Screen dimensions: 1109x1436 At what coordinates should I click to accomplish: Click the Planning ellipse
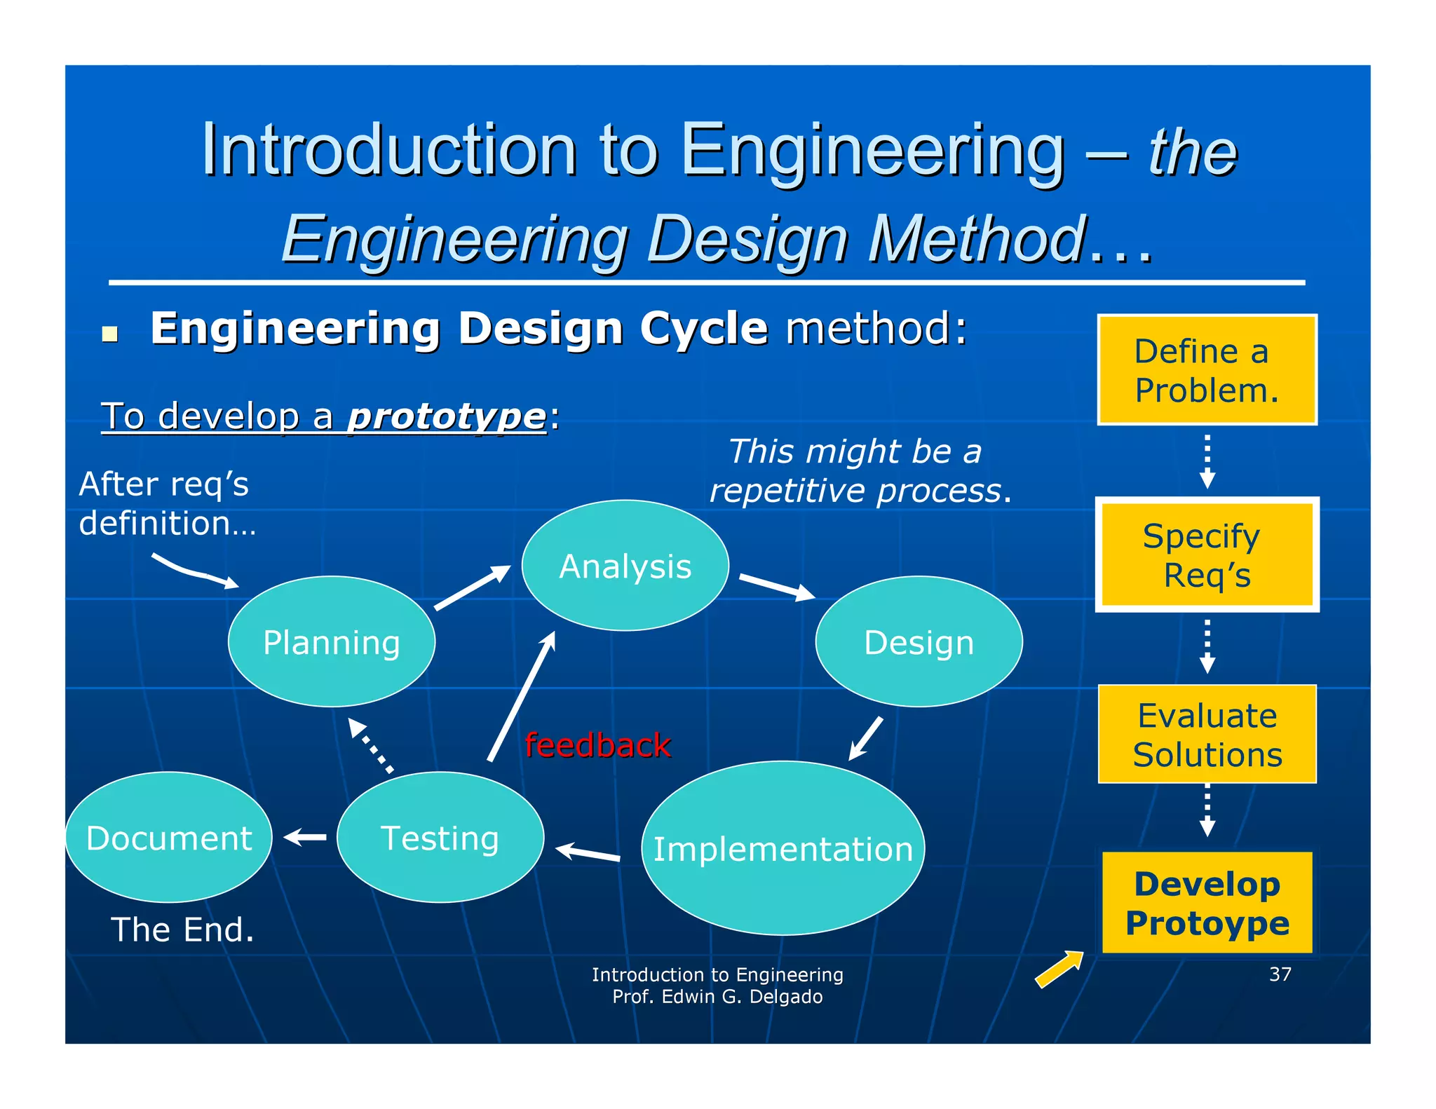click(x=331, y=641)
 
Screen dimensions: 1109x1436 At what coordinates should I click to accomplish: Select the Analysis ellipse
click(x=625, y=566)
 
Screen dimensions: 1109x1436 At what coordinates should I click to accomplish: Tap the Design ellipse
click(x=919, y=641)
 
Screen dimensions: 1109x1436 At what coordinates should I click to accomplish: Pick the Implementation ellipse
click(x=783, y=848)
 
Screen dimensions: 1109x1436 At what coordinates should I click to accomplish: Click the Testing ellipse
click(x=440, y=837)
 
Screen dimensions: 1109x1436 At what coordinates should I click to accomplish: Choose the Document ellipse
click(x=168, y=837)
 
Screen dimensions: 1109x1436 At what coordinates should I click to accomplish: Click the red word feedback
click(x=597, y=744)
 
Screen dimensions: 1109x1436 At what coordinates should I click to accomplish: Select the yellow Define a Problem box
click(x=1207, y=369)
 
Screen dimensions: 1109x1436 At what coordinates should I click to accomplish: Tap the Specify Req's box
click(x=1207, y=554)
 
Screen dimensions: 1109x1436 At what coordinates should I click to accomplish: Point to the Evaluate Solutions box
click(x=1207, y=734)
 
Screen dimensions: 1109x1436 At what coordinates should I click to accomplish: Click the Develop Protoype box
click(x=1207, y=903)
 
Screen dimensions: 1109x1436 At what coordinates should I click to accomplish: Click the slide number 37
click(x=1280, y=974)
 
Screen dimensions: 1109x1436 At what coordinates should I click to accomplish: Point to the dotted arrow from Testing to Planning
click(x=371, y=745)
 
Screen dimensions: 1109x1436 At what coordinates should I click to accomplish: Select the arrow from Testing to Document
click(x=305, y=837)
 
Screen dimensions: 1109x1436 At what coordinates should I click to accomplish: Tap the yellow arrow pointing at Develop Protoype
click(x=1059, y=969)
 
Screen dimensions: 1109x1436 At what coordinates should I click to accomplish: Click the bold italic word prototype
click(x=447, y=416)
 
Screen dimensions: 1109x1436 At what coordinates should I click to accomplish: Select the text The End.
click(x=182, y=930)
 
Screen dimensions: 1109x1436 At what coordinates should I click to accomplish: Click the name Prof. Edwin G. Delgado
click(x=717, y=996)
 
